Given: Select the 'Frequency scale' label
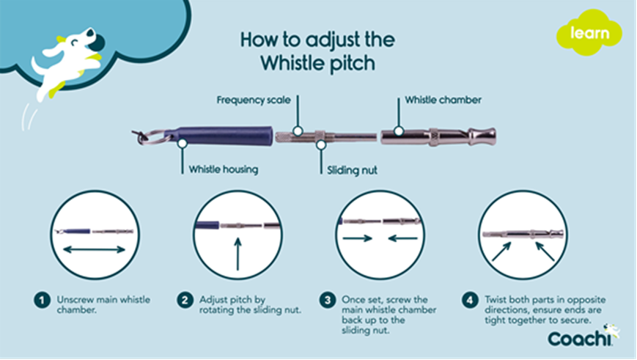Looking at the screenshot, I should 252,99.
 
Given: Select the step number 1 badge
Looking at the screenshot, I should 42,300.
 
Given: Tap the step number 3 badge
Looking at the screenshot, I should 328,300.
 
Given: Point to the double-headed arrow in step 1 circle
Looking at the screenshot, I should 92,250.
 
